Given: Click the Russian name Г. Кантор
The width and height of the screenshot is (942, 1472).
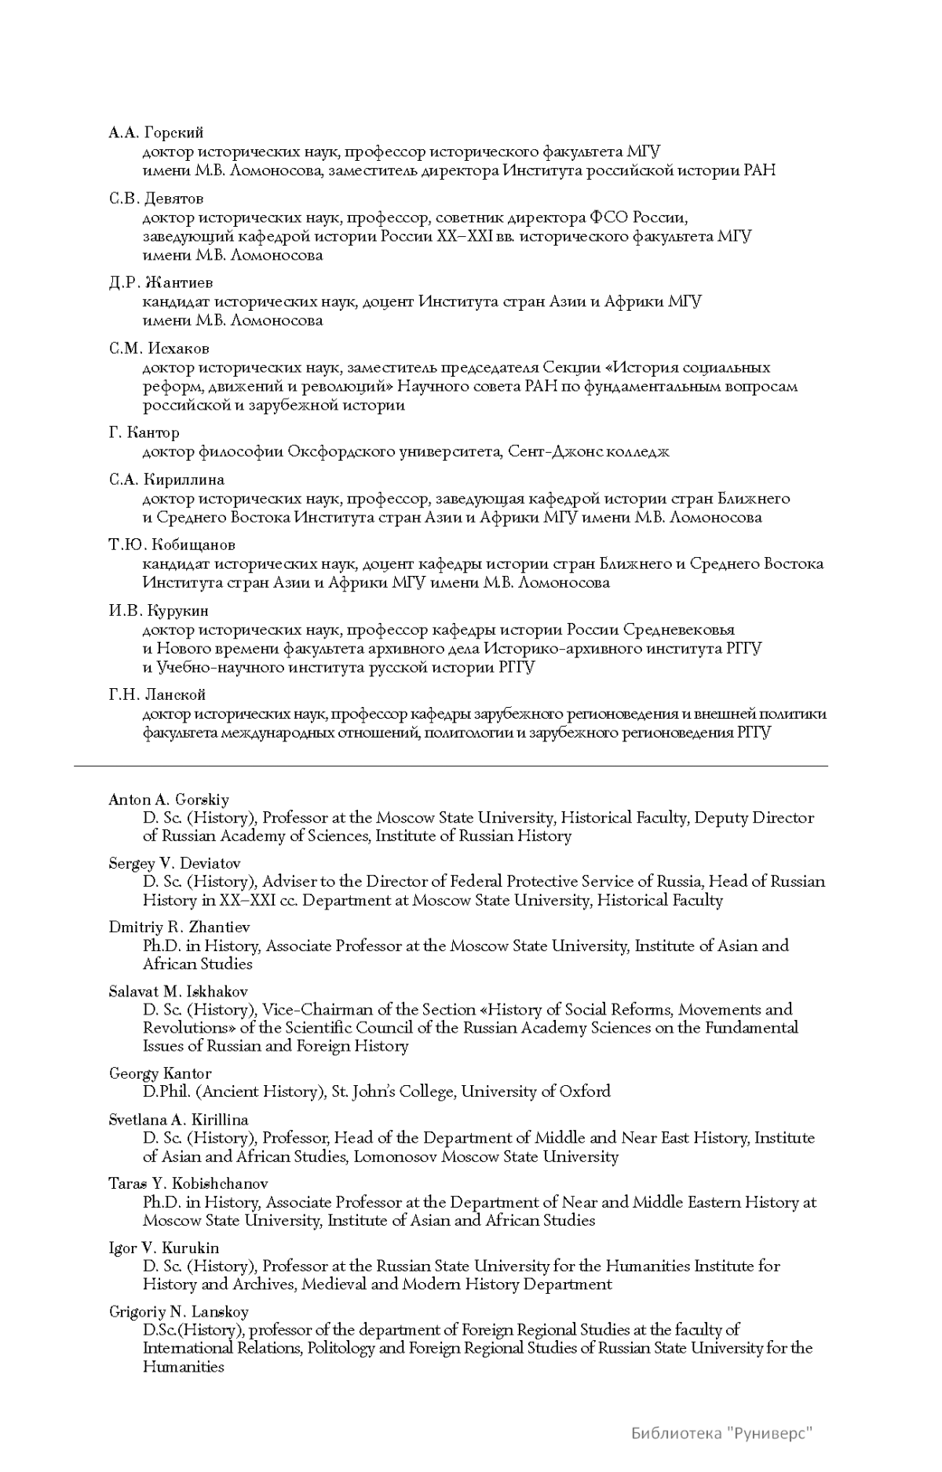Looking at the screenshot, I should (144, 432).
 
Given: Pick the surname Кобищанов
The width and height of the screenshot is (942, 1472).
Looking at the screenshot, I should (192, 545).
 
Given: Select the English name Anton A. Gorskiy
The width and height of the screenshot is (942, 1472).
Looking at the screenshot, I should (169, 800).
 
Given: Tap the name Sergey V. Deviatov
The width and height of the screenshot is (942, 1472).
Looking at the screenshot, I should (174, 863).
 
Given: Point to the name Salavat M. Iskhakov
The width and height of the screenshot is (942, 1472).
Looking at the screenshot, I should (178, 991).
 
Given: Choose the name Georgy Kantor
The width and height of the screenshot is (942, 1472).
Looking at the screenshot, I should (160, 1073).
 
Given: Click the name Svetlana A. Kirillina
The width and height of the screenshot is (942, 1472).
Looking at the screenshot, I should (178, 1120).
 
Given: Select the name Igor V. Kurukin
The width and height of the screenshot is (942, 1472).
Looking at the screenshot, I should (164, 1248).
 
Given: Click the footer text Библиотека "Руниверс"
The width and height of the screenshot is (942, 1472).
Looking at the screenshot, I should (721, 1434).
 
